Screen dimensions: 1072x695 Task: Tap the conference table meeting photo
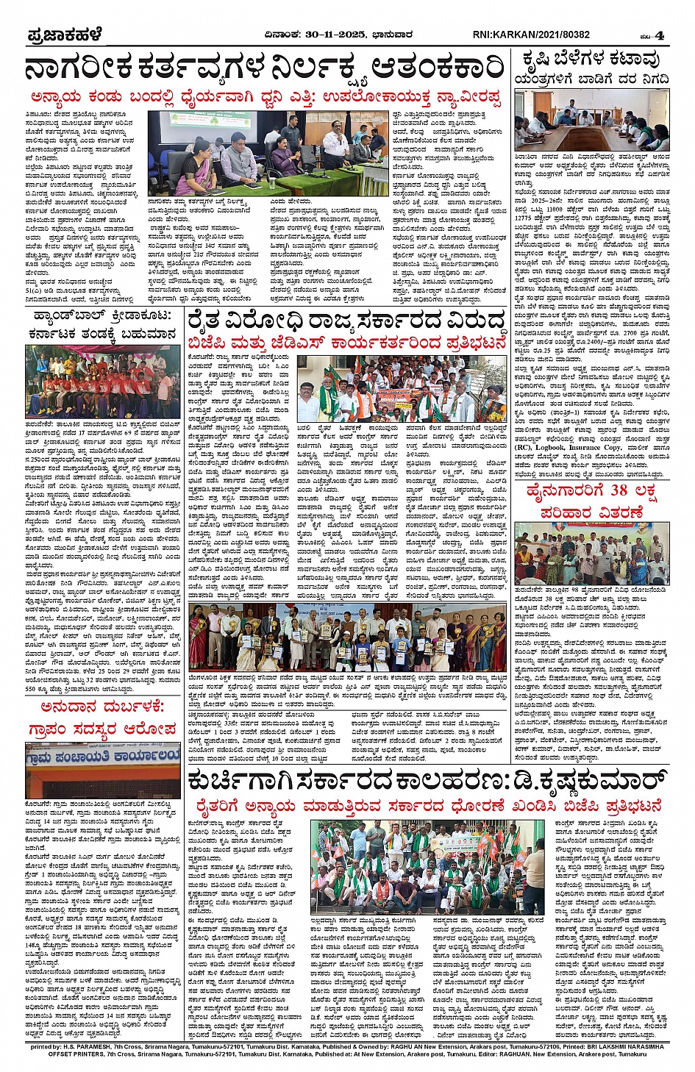click(591, 120)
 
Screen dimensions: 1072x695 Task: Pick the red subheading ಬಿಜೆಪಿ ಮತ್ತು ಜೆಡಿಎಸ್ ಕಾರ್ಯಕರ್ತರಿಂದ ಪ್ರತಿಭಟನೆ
click(347, 343)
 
